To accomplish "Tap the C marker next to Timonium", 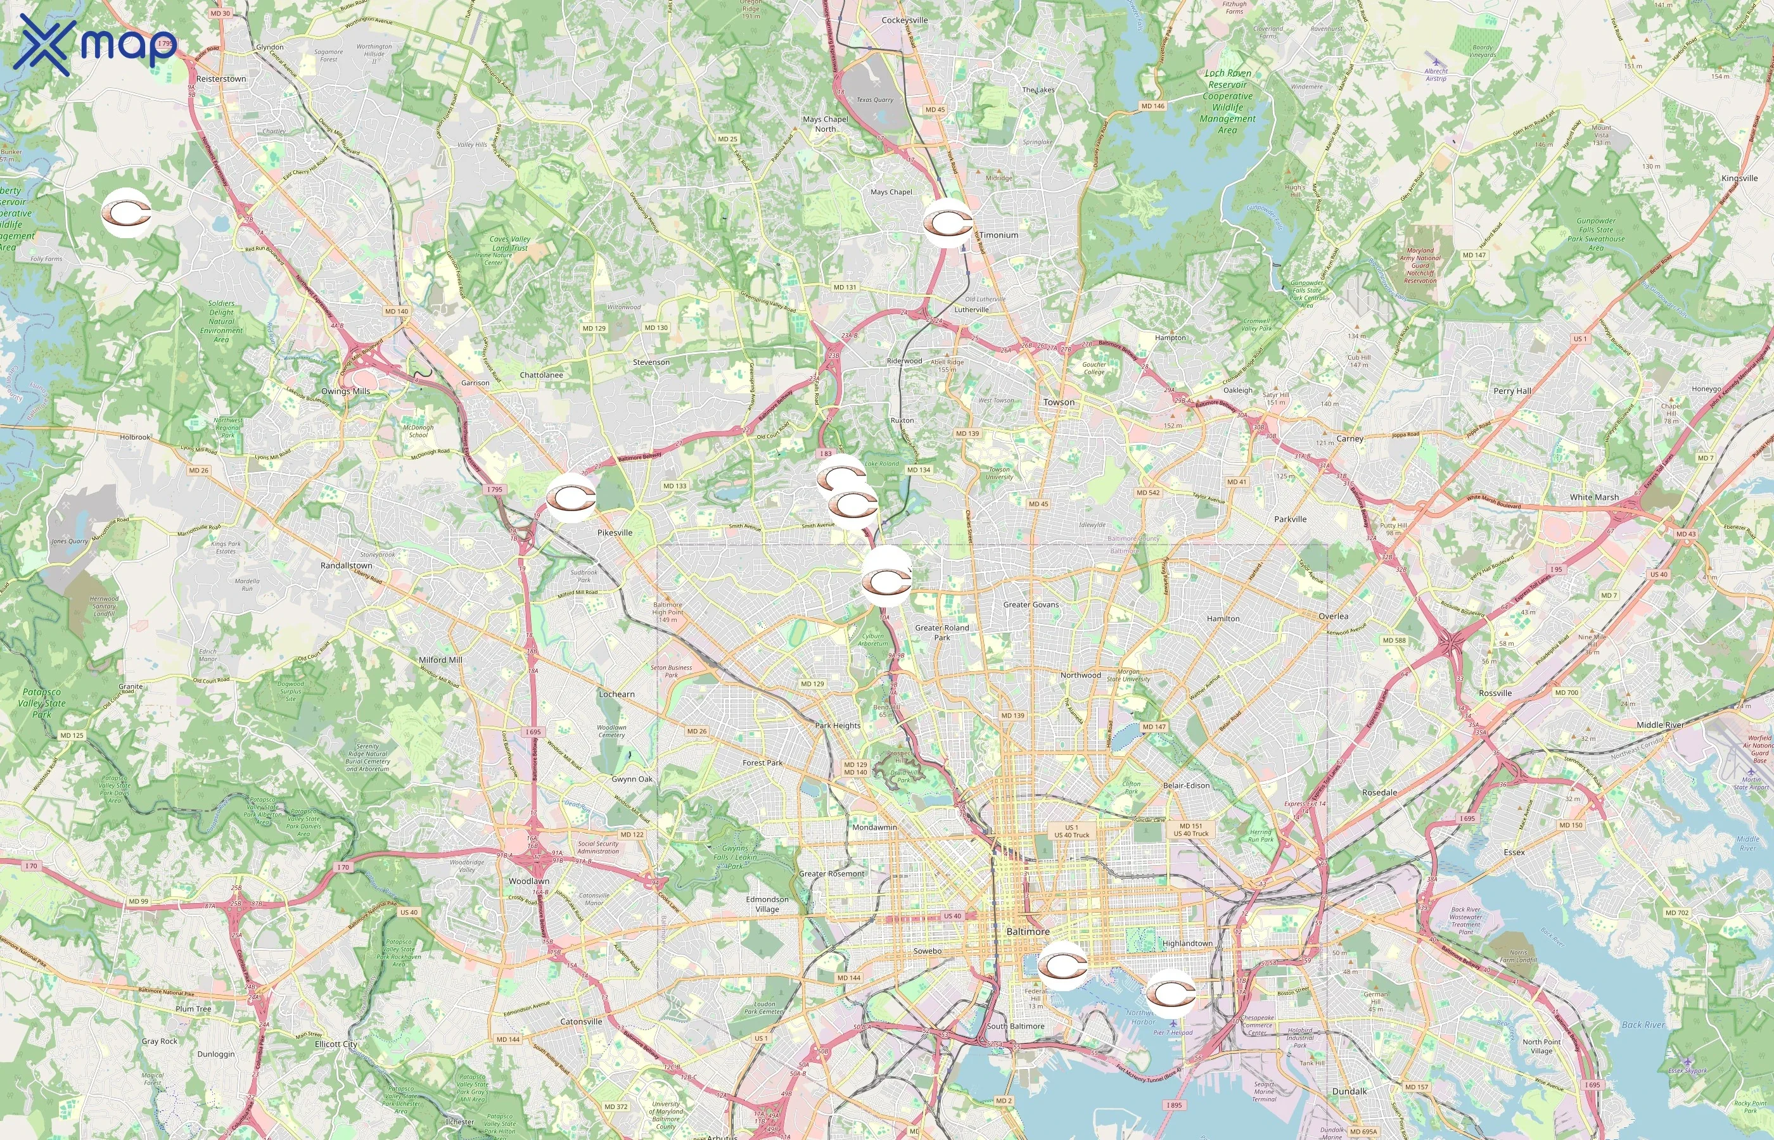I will [947, 223].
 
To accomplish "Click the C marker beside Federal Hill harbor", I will [1062, 965].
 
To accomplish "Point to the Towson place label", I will [1058, 402].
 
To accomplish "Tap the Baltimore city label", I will [1028, 931].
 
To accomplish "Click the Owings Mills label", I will [345, 391].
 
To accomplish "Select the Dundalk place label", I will [1349, 1091].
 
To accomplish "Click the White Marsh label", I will [1594, 497].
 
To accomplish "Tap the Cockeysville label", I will [904, 20].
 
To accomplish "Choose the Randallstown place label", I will [346, 565].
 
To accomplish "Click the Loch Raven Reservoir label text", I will [1227, 79].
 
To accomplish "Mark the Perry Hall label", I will [1512, 391].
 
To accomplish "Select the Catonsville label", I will [580, 1022].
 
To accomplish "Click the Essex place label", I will [1514, 852].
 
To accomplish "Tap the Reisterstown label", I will [220, 79].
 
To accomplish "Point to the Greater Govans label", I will [1030, 604].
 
